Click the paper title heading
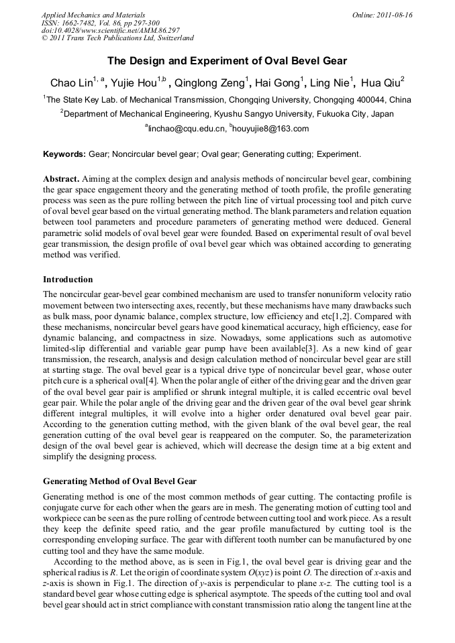coord(227,62)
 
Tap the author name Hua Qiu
coord(381,83)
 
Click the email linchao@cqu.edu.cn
coord(185,129)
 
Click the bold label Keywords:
coord(64,154)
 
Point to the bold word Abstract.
coord(62,179)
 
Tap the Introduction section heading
coord(68,279)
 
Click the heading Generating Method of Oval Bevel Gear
coord(119,481)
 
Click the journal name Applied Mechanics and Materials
coord(93,15)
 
